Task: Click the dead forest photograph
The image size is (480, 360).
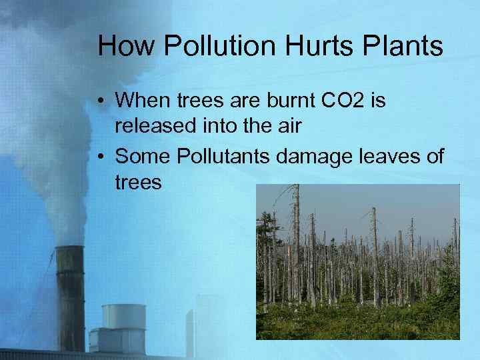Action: (x=358, y=261)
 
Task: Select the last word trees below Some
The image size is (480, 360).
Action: (x=138, y=182)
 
